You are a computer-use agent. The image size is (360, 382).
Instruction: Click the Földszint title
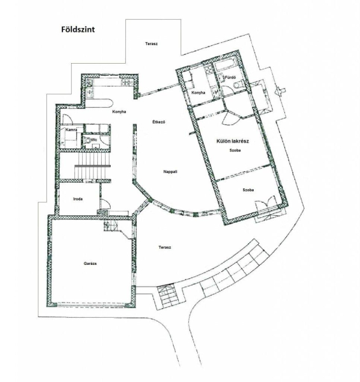tap(78, 29)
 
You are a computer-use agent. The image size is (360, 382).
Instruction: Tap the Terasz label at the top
tap(151, 44)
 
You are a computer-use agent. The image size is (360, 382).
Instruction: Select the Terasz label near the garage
tap(165, 247)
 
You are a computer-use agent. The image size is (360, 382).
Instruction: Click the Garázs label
tap(90, 264)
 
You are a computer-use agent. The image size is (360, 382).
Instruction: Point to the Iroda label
tap(78, 199)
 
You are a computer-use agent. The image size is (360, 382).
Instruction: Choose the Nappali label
tap(170, 171)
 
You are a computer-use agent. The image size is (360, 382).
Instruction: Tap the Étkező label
tap(159, 122)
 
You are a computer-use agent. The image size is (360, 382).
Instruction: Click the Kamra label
tap(71, 130)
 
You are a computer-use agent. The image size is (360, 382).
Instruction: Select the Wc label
tap(94, 140)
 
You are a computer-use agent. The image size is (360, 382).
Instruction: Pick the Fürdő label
tap(230, 78)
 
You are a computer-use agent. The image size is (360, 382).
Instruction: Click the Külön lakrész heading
tap(233, 141)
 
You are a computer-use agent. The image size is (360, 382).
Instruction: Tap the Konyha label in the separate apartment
tap(198, 92)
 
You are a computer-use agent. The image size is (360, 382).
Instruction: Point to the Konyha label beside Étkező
tap(119, 112)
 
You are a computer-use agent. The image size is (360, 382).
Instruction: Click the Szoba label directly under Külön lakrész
tap(235, 150)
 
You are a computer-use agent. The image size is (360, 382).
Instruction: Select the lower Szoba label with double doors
tap(248, 190)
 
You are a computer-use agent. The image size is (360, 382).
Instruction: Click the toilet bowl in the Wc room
tap(88, 140)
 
